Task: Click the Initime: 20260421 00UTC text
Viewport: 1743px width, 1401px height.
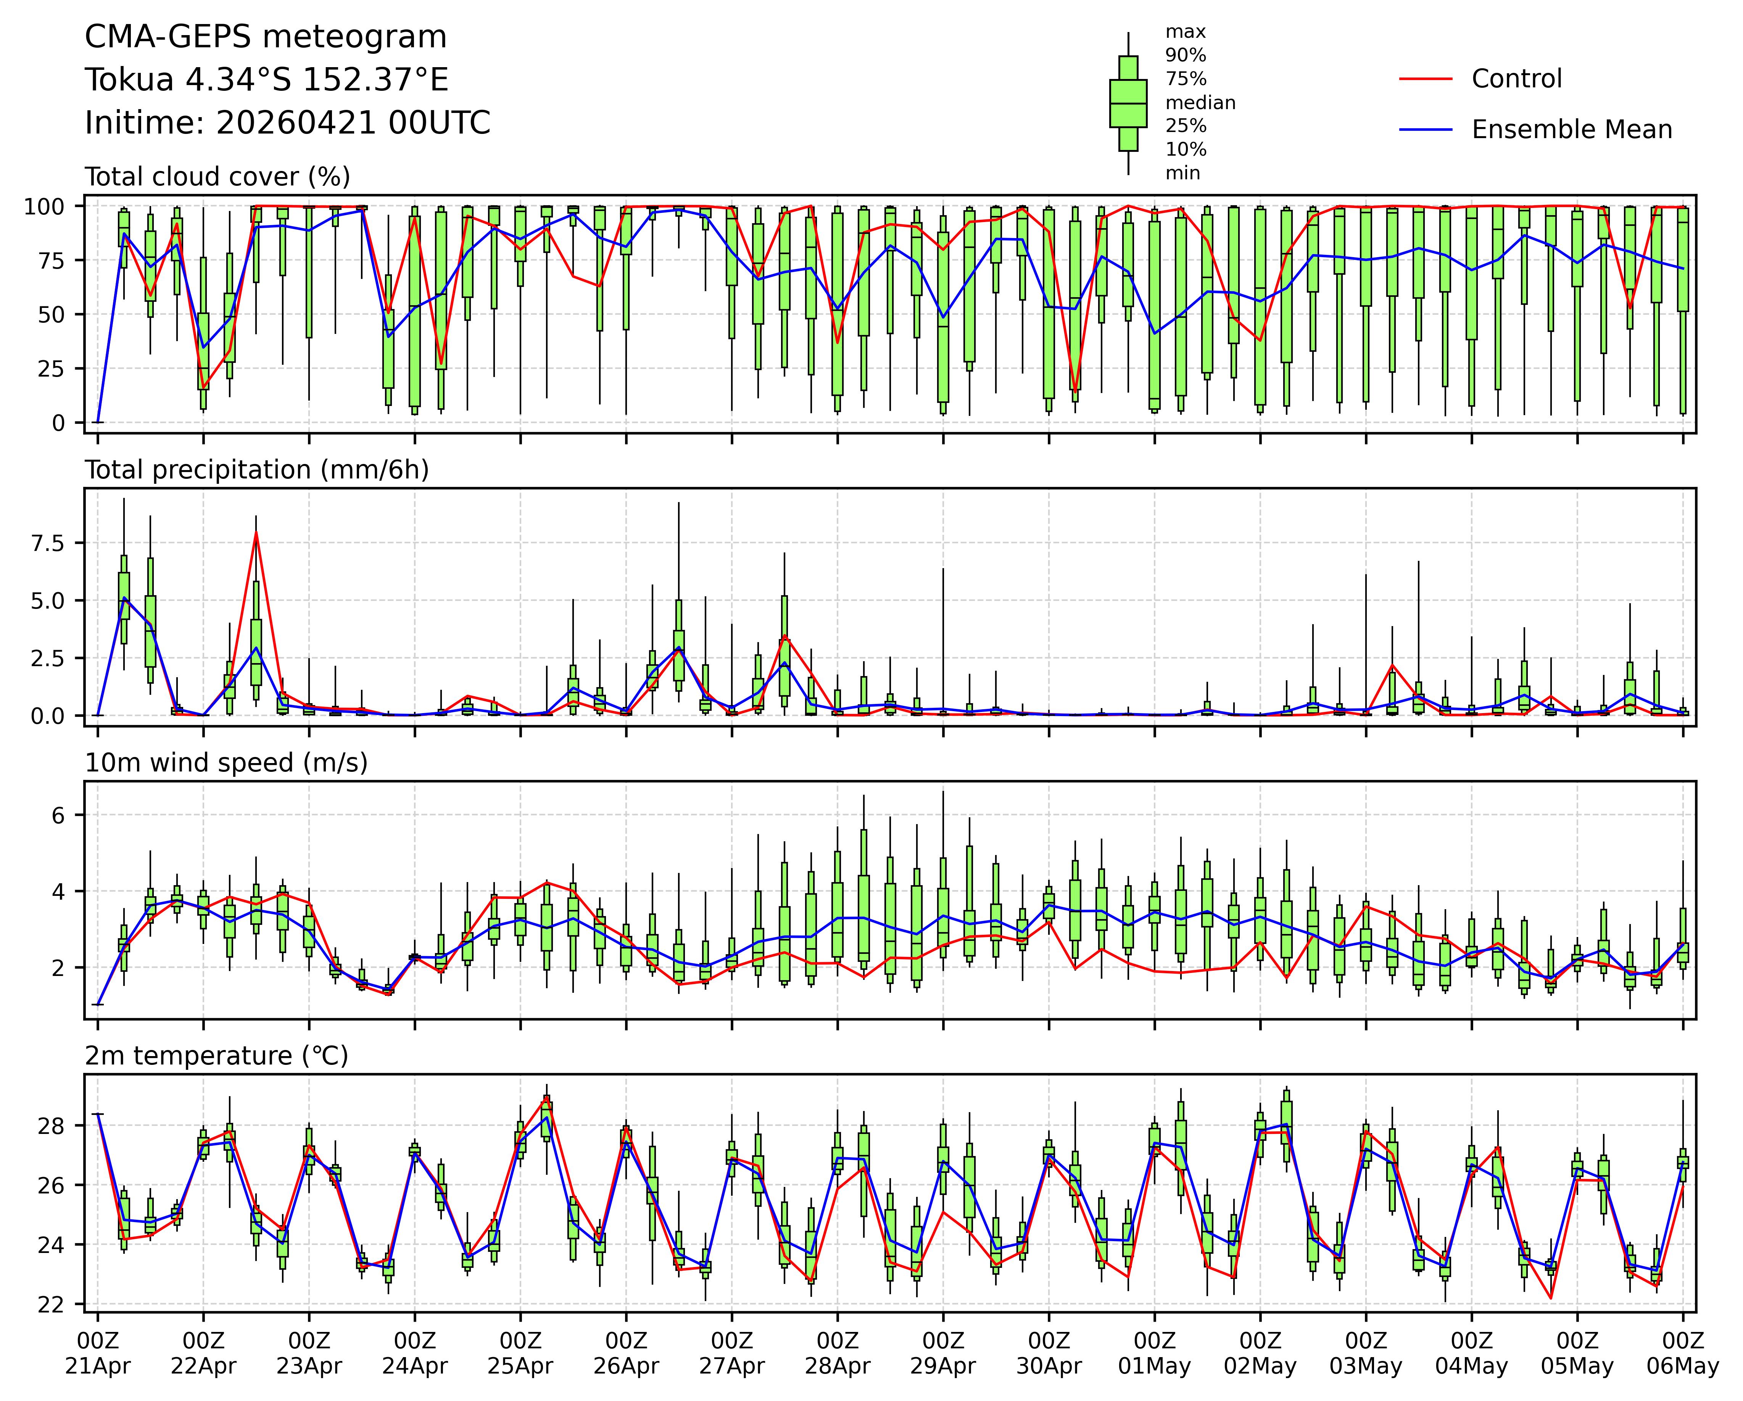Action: click(288, 123)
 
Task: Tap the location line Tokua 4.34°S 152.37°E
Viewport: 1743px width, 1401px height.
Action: click(267, 80)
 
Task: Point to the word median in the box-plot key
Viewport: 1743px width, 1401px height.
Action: click(1200, 103)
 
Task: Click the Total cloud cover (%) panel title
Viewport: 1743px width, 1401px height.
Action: click(217, 176)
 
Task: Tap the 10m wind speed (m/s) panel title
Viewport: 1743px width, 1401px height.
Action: click(226, 762)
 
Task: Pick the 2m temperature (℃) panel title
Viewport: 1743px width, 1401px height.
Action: click(217, 1056)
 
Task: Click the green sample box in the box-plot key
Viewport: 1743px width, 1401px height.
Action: click(1128, 103)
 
